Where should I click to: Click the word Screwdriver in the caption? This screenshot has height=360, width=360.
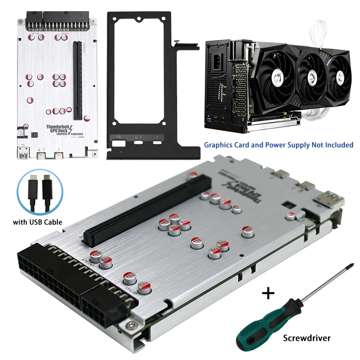click(x=306, y=338)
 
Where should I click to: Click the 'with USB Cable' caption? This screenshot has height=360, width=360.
click(x=37, y=222)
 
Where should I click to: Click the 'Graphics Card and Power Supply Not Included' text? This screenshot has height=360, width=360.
click(x=279, y=145)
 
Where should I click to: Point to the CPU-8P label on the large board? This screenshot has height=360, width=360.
click(x=130, y=289)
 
